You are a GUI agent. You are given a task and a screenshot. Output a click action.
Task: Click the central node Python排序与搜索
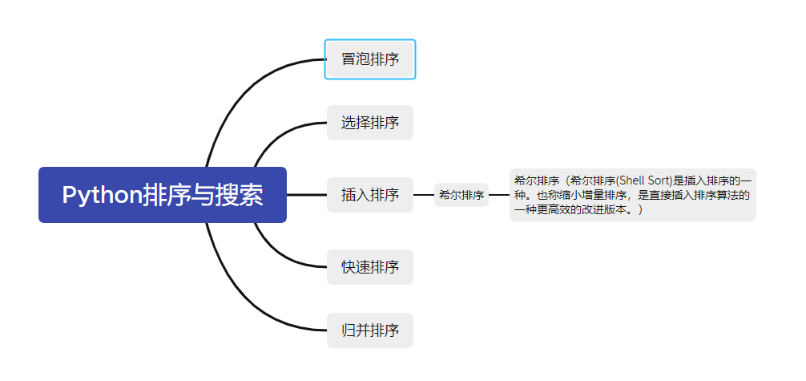click(x=163, y=195)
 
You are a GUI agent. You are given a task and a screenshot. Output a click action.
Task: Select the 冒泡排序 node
click(x=370, y=59)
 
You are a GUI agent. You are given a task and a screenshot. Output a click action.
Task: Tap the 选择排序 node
click(x=370, y=123)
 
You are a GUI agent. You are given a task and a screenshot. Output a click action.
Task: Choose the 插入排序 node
click(x=370, y=195)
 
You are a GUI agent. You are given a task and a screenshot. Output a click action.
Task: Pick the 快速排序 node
click(x=370, y=266)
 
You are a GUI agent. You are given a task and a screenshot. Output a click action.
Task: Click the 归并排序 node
click(x=370, y=330)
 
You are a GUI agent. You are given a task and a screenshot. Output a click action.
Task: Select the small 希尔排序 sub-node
click(x=461, y=195)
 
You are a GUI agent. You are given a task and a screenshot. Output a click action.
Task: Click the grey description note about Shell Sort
click(x=632, y=195)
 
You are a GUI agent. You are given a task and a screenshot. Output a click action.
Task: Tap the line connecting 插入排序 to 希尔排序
click(x=423, y=195)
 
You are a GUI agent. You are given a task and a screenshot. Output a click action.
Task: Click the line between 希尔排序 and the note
click(x=498, y=195)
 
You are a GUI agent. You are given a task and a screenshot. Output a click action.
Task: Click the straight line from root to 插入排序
click(x=306, y=195)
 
